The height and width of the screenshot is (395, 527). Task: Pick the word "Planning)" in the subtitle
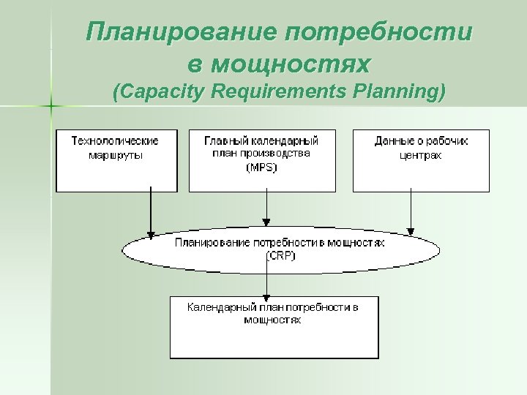tap(400, 93)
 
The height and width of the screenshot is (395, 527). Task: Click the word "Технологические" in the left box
tap(115, 140)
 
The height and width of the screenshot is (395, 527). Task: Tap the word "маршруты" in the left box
tap(115, 154)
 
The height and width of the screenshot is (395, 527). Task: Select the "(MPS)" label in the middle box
tap(261, 168)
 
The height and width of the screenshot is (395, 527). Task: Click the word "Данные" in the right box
tap(394, 140)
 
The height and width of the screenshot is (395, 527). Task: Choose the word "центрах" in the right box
tap(421, 154)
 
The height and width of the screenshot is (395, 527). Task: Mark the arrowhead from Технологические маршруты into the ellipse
tap(150, 235)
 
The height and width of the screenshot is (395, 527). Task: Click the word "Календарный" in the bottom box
tap(217, 308)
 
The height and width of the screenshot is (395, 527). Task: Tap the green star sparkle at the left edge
tap(51, 107)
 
